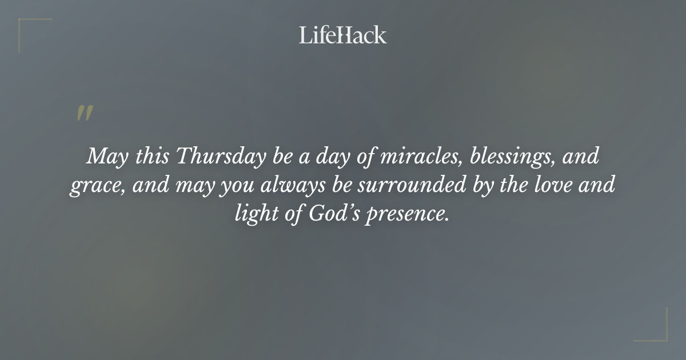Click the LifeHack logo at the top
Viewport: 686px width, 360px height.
(343, 35)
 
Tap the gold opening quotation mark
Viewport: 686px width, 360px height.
(85, 114)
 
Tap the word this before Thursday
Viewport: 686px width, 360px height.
(149, 157)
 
